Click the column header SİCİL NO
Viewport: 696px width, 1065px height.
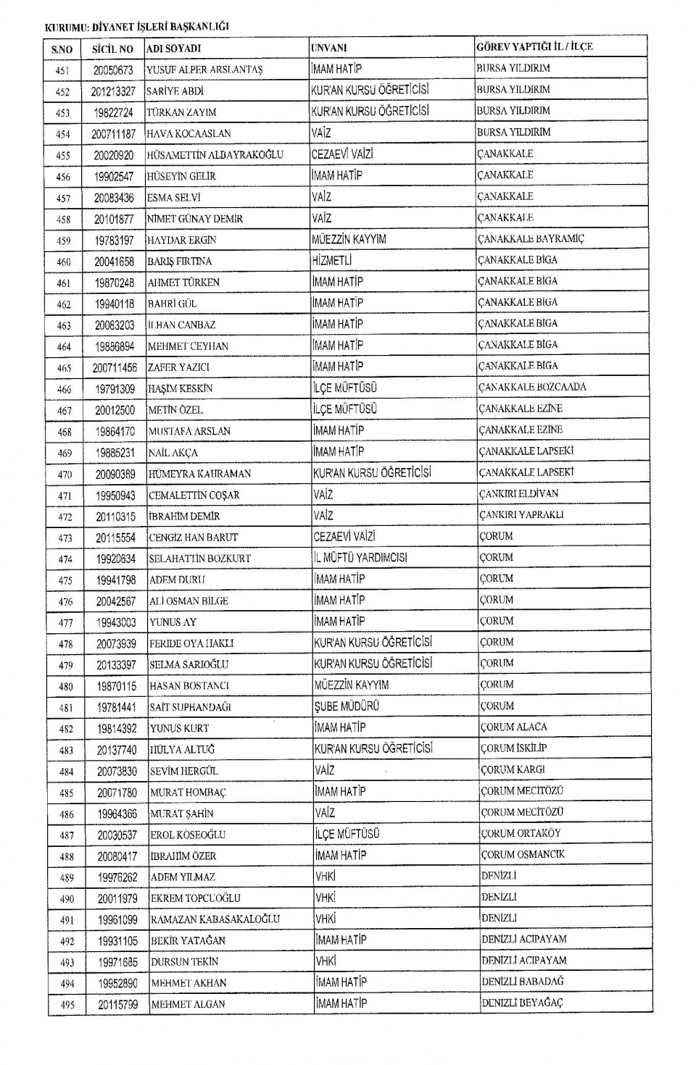112,49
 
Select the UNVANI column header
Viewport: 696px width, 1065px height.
329,48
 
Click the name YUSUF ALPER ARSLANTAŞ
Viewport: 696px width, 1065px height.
204,70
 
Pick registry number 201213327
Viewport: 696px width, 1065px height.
113,91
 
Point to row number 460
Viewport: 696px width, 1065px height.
64,262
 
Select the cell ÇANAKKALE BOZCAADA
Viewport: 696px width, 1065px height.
532,387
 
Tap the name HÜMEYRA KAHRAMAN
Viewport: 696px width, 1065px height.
199,474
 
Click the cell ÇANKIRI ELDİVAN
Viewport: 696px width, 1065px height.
518,493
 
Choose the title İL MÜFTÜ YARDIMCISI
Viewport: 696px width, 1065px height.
360,558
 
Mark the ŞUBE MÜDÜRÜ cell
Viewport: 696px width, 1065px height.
347,706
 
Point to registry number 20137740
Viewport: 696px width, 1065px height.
116,750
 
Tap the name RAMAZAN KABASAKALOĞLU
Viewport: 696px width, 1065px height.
215,919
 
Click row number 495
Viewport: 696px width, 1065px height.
67,1005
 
